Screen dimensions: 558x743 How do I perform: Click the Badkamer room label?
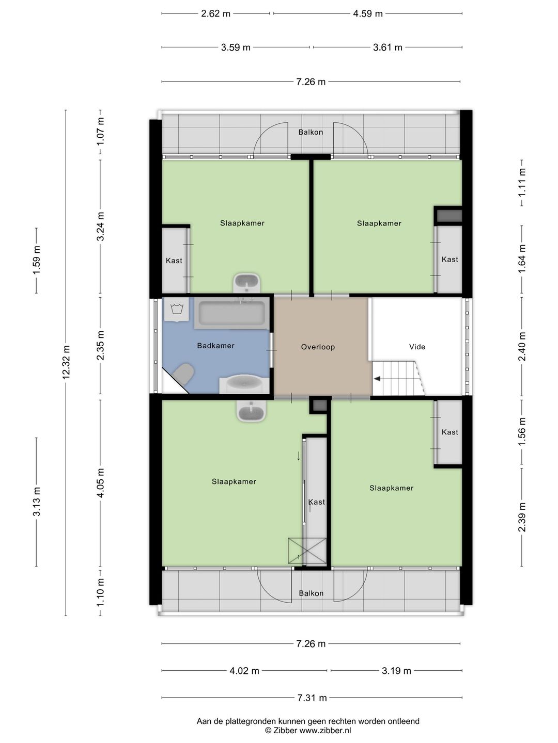(x=215, y=346)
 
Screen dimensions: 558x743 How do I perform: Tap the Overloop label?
(x=318, y=347)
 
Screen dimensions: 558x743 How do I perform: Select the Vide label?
(x=417, y=347)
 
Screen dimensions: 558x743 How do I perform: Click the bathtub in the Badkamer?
(x=232, y=313)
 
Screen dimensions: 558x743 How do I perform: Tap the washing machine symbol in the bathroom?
(x=177, y=310)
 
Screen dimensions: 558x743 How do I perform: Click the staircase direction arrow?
(x=377, y=379)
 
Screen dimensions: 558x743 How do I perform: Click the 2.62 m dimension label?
(x=215, y=13)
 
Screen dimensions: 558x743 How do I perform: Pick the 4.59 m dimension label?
(x=367, y=13)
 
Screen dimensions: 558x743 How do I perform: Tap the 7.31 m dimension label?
(x=312, y=698)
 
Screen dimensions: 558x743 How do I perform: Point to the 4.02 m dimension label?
(x=244, y=671)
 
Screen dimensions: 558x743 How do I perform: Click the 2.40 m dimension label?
(x=522, y=346)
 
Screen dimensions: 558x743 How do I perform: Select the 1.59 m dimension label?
(x=37, y=260)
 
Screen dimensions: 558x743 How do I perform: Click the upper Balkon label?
(x=311, y=132)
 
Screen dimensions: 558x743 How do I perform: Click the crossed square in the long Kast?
(x=307, y=551)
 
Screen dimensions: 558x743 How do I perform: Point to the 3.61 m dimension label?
(x=388, y=47)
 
